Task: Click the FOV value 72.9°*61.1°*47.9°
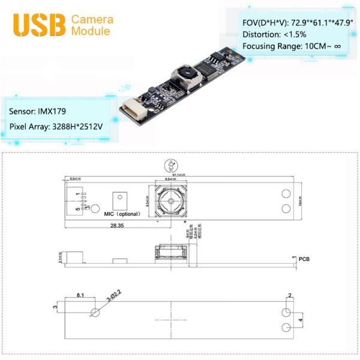tap(318, 22)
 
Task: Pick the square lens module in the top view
tap(172, 201)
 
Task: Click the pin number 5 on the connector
tap(76, 209)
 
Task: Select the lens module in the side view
tap(172, 253)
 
